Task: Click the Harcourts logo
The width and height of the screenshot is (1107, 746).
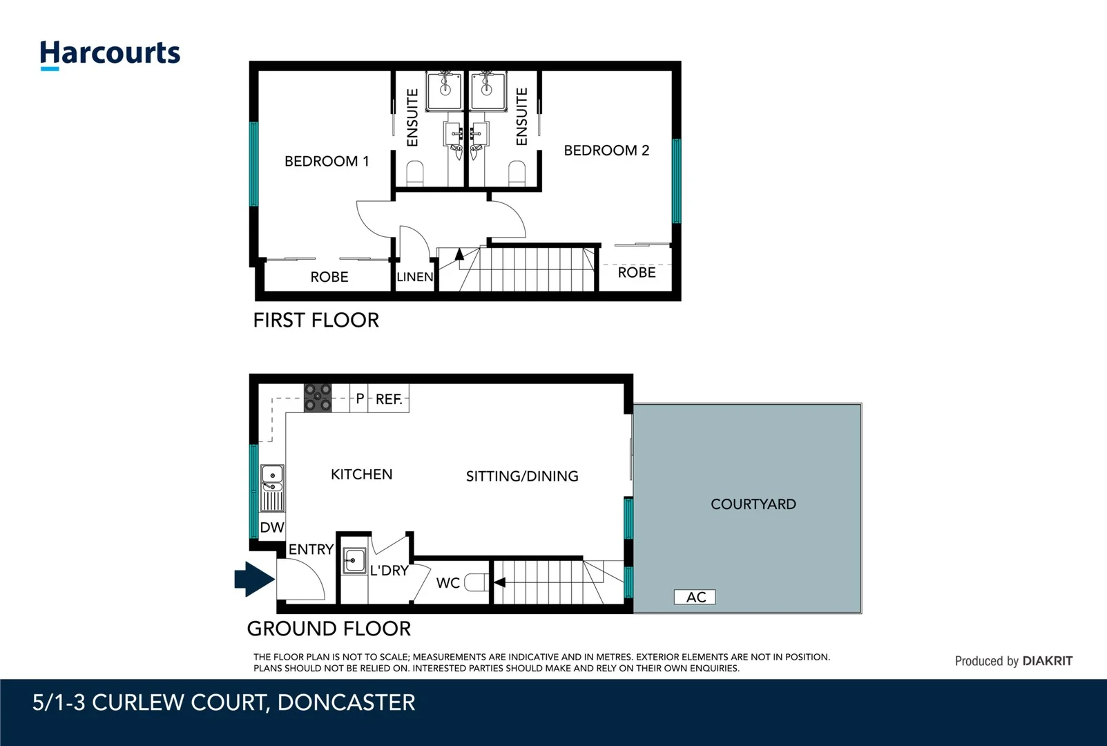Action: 110,54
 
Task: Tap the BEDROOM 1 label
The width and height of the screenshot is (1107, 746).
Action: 327,162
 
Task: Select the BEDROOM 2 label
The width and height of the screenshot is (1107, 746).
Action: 606,151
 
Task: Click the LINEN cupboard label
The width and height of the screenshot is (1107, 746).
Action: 415,277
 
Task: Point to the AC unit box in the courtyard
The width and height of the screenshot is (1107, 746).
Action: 695,597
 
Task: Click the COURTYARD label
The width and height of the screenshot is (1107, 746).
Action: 753,504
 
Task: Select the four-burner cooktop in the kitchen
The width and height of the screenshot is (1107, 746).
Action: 318,398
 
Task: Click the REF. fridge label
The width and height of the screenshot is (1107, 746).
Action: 389,399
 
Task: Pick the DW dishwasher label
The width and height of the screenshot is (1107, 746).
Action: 272,528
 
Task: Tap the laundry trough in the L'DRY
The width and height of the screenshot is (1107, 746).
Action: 355,560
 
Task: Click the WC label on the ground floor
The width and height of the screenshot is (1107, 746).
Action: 447,583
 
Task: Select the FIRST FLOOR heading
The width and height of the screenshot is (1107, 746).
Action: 316,321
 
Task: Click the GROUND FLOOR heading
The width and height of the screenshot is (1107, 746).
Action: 329,629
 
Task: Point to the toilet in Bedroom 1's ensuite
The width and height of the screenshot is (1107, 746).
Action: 415,173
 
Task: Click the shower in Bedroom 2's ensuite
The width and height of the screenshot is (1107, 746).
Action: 488,90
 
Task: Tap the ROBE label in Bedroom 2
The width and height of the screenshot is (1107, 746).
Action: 636,273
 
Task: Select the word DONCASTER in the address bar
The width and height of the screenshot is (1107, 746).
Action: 346,702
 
